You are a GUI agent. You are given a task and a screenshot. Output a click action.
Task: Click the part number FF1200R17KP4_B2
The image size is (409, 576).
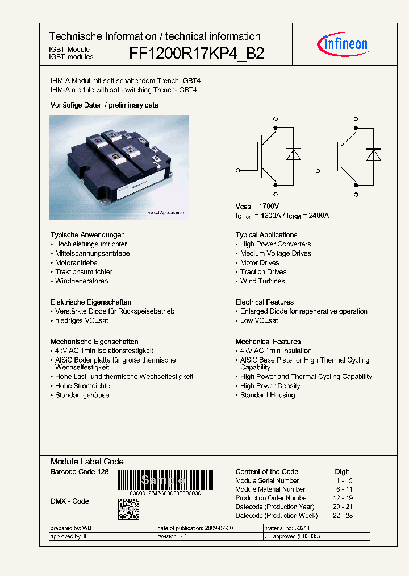(197, 54)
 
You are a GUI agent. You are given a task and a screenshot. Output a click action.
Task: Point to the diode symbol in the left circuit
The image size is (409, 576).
(293, 155)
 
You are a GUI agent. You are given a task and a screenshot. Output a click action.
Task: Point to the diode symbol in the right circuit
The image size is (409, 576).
(373, 155)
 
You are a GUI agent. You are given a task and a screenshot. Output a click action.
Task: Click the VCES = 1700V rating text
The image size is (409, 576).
(257, 206)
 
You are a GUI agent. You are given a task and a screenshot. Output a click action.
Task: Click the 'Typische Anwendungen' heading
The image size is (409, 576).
(87, 235)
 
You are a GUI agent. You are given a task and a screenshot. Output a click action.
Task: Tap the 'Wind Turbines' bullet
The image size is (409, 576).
(262, 281)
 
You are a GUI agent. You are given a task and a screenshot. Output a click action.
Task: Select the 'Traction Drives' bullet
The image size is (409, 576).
(263, 272)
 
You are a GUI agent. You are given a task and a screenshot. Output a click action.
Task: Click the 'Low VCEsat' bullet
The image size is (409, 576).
(259, 320)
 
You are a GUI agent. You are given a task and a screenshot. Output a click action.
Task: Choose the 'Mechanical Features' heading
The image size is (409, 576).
(268, 342)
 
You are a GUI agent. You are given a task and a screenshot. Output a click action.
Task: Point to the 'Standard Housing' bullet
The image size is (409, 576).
(267, 395)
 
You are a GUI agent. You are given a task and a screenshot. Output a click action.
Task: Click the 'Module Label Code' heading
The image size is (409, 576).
(87, 462)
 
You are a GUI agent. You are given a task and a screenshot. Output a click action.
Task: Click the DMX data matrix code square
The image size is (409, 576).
(128, 509)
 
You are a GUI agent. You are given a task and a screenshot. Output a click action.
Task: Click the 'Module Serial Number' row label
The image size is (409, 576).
(267, 480)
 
